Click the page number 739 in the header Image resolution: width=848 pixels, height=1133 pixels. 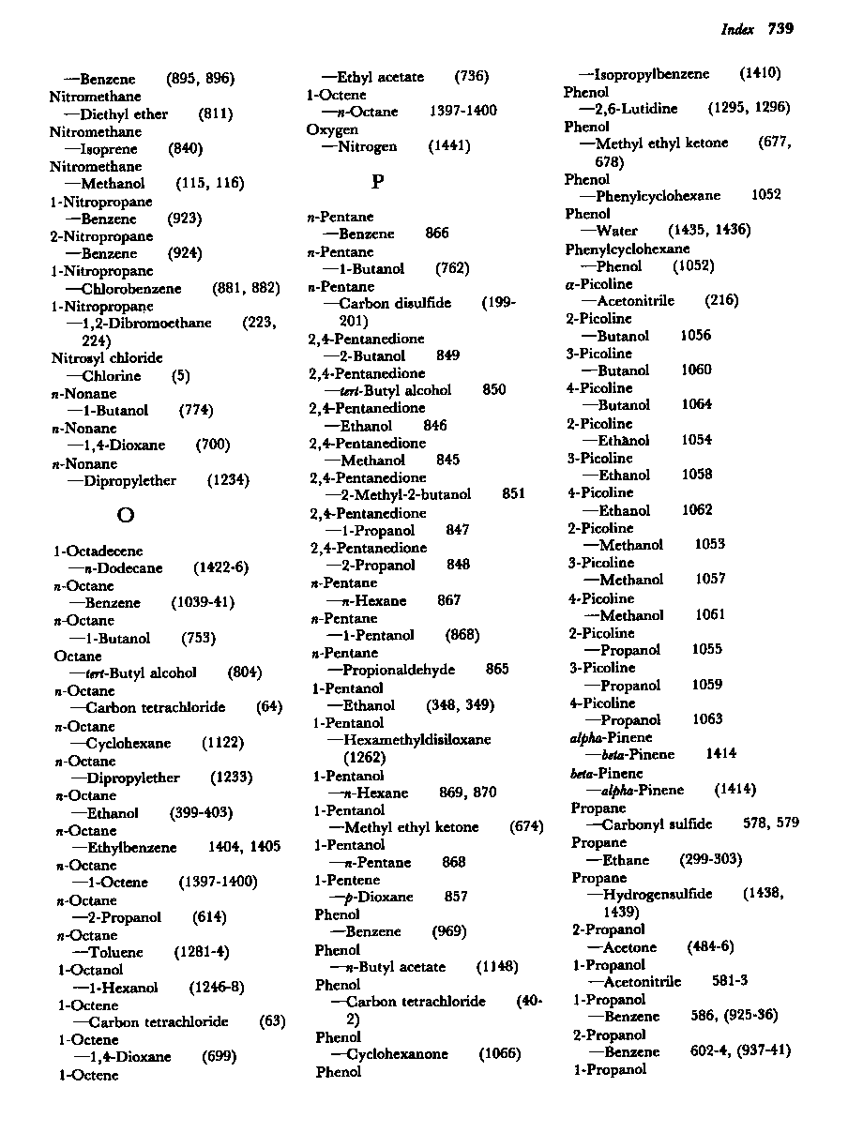point(780,29)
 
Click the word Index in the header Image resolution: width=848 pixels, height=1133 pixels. point(737,30)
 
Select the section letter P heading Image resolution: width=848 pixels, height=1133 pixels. point(377,181)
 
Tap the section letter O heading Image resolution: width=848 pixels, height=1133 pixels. point(125,515)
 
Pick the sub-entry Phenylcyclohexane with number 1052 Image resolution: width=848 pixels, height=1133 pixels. point(658,196)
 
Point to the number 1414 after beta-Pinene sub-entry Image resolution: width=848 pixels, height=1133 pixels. point(720,754)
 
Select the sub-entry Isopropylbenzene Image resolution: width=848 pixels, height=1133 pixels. point(651,74)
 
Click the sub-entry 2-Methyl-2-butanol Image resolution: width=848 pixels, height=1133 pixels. point(403,495)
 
